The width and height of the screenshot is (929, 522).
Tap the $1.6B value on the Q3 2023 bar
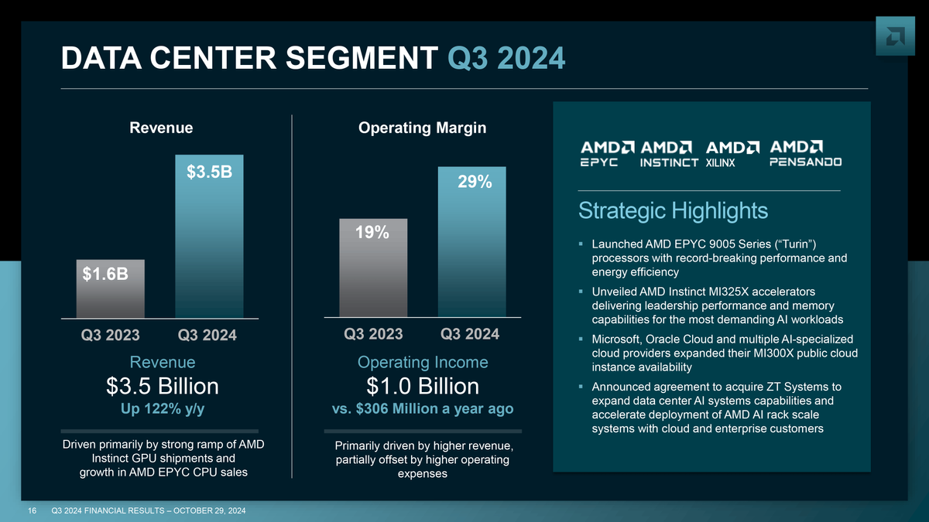pos(106,275)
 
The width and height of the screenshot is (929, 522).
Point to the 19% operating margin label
pos(372,233)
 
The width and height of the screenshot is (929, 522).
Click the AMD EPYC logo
pos(608,153)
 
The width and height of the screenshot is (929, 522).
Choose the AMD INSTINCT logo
pos(670,153)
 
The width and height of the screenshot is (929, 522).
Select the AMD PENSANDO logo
pos(805,153)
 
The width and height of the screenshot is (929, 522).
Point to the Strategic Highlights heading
pos(673,210)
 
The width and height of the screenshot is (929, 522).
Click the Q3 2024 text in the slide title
pos(506,57)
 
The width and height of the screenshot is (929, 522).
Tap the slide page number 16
pos(33,511)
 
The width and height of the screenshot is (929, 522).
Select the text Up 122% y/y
pos(162,409)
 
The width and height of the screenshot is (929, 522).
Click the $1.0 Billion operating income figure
pos(423,386)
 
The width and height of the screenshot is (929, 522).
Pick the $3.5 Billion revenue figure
pos(162,386)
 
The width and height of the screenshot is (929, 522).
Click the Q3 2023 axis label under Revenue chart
pos(111,336)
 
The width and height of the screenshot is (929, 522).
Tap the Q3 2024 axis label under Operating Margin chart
pos(470,334)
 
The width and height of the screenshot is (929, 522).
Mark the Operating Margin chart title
pos(423,128)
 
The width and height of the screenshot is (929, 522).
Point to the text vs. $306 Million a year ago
pos(423,409)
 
